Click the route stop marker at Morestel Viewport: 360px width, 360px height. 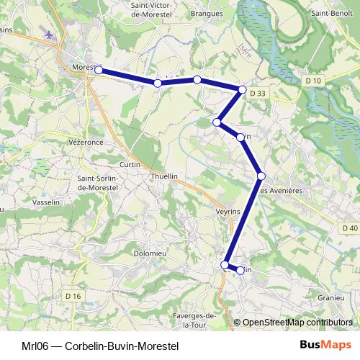99,71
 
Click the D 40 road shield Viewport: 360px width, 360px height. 349,228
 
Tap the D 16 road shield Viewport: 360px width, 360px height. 72,296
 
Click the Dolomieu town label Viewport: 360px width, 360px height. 151,253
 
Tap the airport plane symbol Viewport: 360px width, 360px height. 49,35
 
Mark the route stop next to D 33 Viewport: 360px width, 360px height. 243,90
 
